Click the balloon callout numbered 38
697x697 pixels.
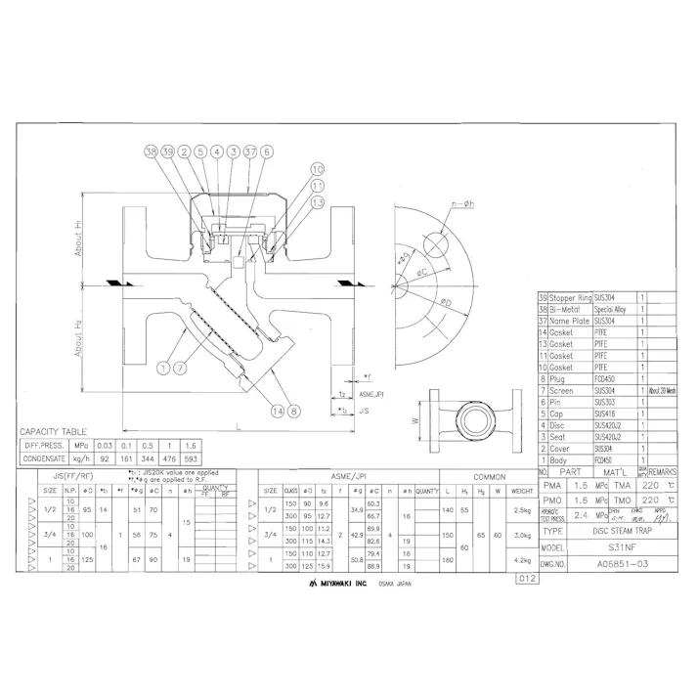click(x=151, y=152)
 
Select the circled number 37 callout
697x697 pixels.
click(x=250, y=152)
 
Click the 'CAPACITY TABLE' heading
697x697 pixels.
click(x=53, y=431)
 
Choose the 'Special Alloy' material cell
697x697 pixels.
click(x=614, y=308)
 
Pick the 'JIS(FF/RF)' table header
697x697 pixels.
click(x=70, y=475)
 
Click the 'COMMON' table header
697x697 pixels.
click(x=486, y=476)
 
